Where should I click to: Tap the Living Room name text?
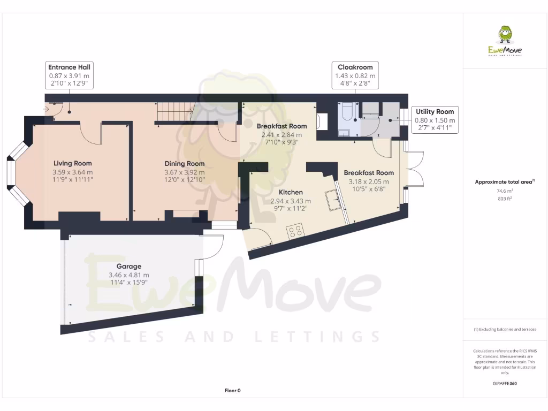72,163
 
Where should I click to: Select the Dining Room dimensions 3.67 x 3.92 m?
184,172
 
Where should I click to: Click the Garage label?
129,266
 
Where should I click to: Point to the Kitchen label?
291,192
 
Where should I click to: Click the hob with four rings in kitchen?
295,232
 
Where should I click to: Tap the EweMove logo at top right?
505,42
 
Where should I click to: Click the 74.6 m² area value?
505,191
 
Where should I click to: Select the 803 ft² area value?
505,199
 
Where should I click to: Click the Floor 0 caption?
232,391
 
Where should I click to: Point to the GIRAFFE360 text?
505,383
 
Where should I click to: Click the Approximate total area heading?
504,182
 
